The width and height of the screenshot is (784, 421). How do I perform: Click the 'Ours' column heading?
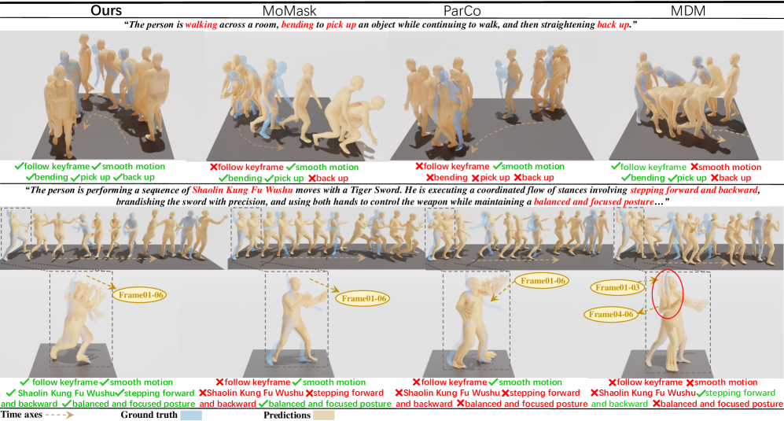[x=106, y=10]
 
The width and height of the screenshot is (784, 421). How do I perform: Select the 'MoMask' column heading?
[x=289, y=10]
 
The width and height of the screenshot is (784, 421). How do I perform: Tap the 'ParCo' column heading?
[x=462, y=10]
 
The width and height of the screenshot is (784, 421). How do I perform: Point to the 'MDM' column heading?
[x=688, y=10]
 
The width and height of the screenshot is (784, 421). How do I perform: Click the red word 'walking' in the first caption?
[x=201, y=24]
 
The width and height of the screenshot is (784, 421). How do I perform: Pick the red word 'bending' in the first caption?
[x=297, y=24]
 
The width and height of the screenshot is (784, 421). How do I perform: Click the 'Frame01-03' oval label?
[x=617, y=287]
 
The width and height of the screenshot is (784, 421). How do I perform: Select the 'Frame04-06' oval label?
[x=610, y=315]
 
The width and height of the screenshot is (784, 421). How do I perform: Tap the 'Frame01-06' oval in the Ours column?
[x=141, y=295]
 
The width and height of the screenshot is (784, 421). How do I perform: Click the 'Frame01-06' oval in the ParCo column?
[x=543, y=281]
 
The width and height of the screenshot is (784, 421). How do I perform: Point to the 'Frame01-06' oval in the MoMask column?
[x=363, y=298]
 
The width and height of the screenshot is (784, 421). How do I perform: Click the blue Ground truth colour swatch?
[x=191, y=415]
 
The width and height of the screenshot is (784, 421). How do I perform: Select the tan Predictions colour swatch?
[x=323, y=415]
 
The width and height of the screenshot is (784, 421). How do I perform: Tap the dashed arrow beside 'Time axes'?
[x=59, y=415]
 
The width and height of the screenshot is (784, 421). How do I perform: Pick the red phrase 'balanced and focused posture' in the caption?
[x=594, y=201]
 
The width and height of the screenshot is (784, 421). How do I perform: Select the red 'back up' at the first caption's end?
[x=613, y=24]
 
